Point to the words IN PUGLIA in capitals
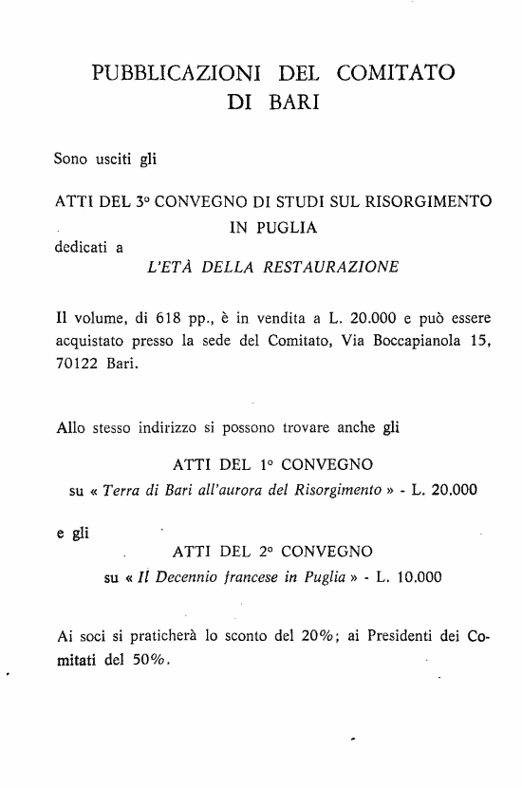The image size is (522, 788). [273, 228]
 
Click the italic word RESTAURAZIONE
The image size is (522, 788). [331, 268]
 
